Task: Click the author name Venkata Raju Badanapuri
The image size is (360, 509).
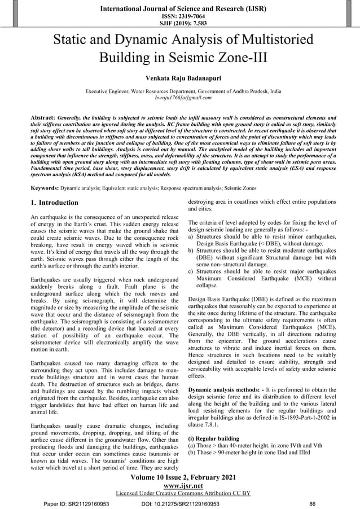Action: coord(179,77)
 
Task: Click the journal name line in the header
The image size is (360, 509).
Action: coord(180,7)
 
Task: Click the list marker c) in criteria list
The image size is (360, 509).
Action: coord(191,271)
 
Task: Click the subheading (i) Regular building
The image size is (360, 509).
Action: coord(215,437)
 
